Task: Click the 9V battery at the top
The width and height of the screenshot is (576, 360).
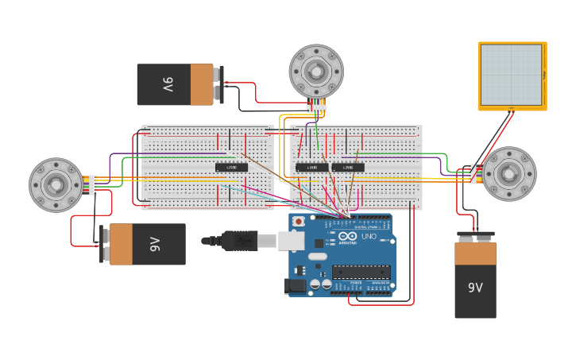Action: [176, 84]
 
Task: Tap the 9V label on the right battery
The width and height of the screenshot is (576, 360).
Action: [475, 288]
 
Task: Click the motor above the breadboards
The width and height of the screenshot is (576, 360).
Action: [315, 72]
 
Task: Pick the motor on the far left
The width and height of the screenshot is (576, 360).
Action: [56, 185]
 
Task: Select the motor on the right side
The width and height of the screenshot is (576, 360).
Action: [509, 174]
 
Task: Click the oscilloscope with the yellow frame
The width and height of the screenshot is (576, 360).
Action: [512, 75]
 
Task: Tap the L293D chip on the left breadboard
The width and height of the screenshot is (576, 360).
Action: [231, 167]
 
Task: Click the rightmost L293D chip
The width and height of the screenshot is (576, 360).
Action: [348, 167]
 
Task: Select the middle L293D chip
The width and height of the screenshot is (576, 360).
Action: [312, 167]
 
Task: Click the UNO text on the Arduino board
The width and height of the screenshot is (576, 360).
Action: [369, 237]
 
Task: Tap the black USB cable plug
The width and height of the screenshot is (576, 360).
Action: [238, 239]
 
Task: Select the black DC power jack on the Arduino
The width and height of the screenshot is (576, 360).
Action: [295, 285]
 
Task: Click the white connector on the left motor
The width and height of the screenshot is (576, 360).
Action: [93, 185]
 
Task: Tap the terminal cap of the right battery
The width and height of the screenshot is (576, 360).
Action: [475, 236]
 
